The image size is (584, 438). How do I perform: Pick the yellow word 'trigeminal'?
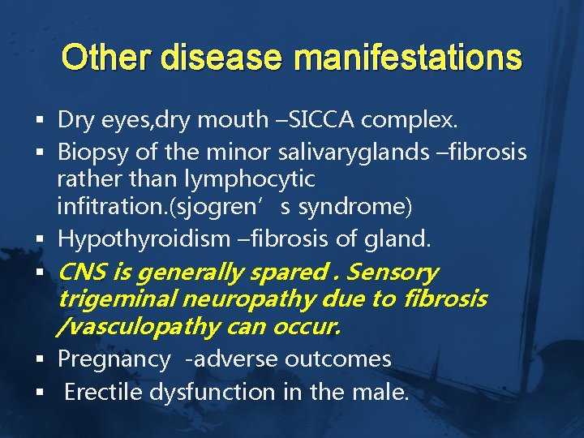pyautogui.click(x=117, y=299)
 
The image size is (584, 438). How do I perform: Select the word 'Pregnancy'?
pyautogui.click(x=113, y=359)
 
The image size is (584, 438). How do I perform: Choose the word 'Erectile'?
pyautogui.click(x=101, y=392)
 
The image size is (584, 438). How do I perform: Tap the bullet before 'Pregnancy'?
pyautogui.click(x=39, y=359)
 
